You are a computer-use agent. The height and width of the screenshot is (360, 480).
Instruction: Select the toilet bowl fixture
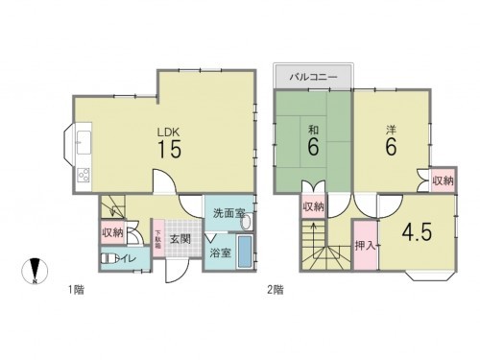[x=106, y=258]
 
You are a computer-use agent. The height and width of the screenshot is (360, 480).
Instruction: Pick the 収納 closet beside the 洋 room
[x=442, y=180]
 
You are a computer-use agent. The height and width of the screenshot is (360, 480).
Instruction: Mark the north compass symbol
[x=36, y=272]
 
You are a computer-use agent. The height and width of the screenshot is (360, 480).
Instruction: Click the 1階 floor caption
[x=73, y=288]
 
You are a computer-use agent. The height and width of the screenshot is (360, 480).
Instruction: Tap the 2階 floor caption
[x=274, y=288]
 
